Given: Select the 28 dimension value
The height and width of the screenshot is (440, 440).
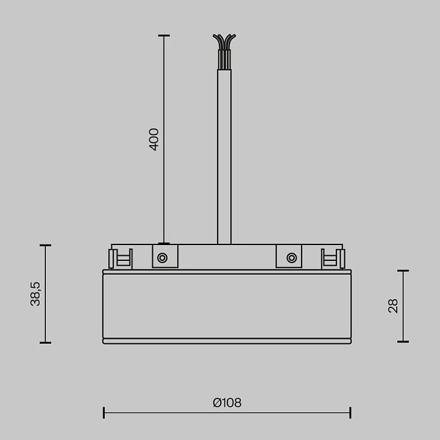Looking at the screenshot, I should coord(393,306).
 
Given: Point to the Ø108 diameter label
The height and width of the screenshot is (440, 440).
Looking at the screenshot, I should coord(227,403).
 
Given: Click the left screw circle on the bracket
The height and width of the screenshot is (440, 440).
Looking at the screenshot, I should coord(162,258).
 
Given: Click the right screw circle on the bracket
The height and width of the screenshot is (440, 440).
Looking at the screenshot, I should coord(291,258).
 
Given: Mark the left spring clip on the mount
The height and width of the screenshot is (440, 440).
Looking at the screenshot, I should coord(120,258).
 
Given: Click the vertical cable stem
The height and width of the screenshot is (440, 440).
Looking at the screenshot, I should coord(224,157).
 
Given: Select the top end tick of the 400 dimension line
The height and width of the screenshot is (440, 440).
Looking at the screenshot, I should coord(163,36).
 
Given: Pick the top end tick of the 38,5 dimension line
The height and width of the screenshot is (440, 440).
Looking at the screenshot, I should coord(45,245).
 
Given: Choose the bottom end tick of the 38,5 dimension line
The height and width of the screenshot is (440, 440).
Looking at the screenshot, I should coord(45,343).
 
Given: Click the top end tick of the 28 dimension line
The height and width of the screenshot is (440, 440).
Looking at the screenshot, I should coord(403,271).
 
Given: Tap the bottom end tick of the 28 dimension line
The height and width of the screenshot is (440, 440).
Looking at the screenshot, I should coord(403,342).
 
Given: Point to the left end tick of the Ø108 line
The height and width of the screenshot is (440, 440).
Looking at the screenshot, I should coord(104,413).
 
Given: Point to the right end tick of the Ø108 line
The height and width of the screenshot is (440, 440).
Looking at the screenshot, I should coord(350,413).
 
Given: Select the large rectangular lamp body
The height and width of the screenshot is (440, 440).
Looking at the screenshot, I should coord(227,306).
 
